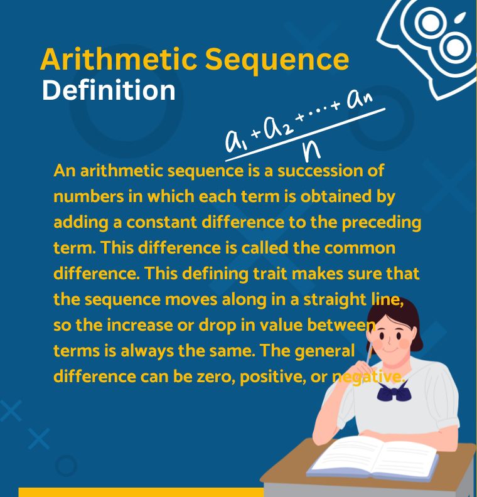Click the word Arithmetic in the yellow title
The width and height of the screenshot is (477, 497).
tap(119, 59)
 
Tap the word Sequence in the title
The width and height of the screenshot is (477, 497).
tap(277, 61)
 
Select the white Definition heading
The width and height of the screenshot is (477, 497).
tap(109, 90)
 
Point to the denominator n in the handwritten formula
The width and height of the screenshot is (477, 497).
tap(311, 151)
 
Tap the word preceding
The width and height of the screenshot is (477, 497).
tap(382, 223)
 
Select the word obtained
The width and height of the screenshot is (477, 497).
tap(336, 196)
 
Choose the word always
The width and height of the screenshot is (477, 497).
tap(147, 351)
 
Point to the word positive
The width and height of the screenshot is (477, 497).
tap(272, 377)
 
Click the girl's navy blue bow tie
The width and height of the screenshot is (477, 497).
tap(394, 392)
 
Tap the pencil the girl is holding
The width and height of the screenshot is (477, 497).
tap(369, 354)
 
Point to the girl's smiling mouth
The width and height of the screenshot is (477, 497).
tap(390, 350)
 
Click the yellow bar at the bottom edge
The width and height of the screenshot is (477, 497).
tap(141, 492)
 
